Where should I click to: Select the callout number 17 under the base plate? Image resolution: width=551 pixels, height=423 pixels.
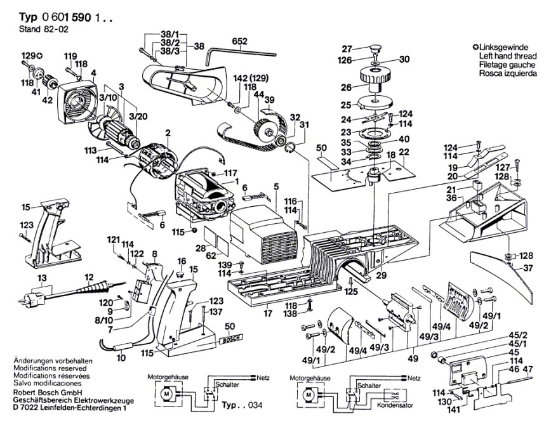click(x=269, y=313)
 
